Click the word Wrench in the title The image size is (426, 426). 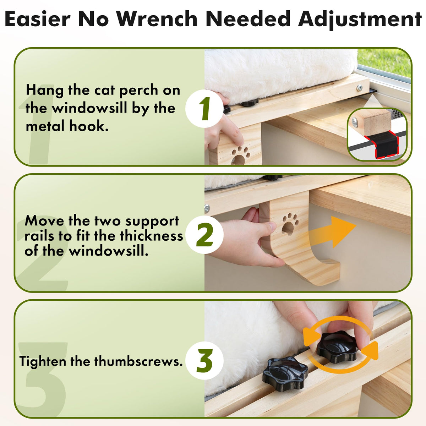pos(157,19)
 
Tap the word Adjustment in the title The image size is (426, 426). pos(360,20)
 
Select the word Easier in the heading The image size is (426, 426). pos(37,19)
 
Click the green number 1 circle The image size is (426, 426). pos(204,109)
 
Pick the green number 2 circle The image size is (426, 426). pos(204,235)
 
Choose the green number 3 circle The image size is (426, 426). pos(204,361)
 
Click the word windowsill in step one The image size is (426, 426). pos(89,108)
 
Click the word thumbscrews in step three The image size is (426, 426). pos(138,361)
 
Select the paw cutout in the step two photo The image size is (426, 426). pos(290,224)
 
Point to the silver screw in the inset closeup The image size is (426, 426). pos(355,122)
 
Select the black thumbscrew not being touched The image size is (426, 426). pos(285,370)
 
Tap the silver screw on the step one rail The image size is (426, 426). pos(360,88)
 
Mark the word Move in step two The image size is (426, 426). pos(44,220)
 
